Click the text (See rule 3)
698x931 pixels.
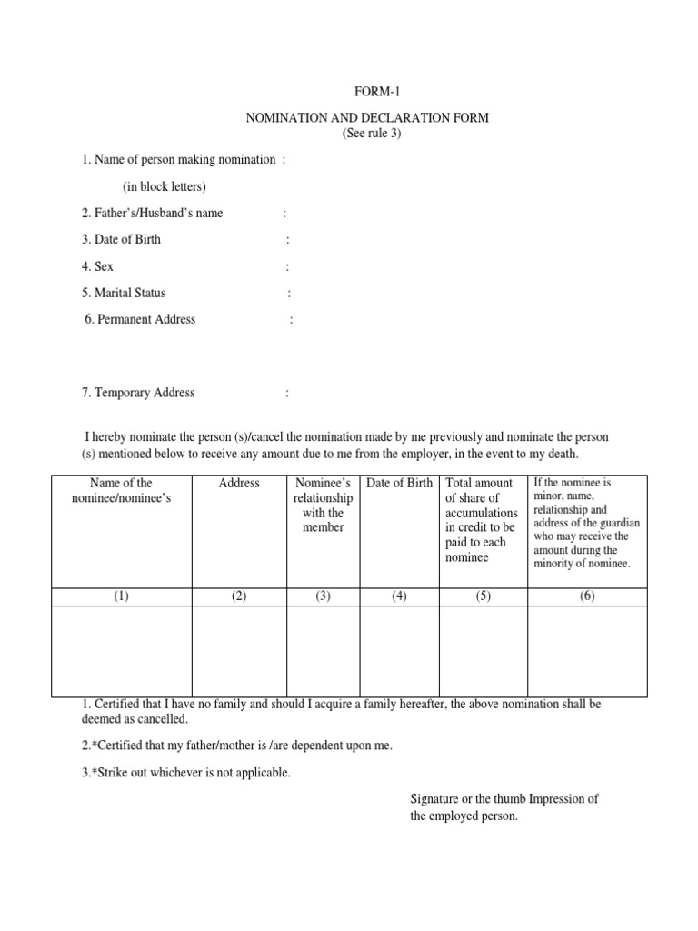tap(371, 134)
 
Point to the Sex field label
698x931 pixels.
tap(97, 266)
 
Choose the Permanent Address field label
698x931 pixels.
tap(140, 319)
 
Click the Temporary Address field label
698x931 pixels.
tap(138, 393)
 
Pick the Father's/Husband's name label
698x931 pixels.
tap(152, 213)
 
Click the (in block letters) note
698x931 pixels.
tap(165, 186)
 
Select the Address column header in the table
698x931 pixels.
tap(239, 483)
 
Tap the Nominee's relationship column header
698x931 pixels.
tap(324, 505)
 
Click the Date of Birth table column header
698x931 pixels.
tap(399, 483)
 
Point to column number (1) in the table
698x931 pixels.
tap(121, 596)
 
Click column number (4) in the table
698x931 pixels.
tap(399, 596)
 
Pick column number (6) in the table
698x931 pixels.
tap(587, 596)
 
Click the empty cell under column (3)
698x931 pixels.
tap(324, 651)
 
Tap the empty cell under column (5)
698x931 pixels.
tap(483, 651)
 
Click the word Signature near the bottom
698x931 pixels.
tap(434, 799)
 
